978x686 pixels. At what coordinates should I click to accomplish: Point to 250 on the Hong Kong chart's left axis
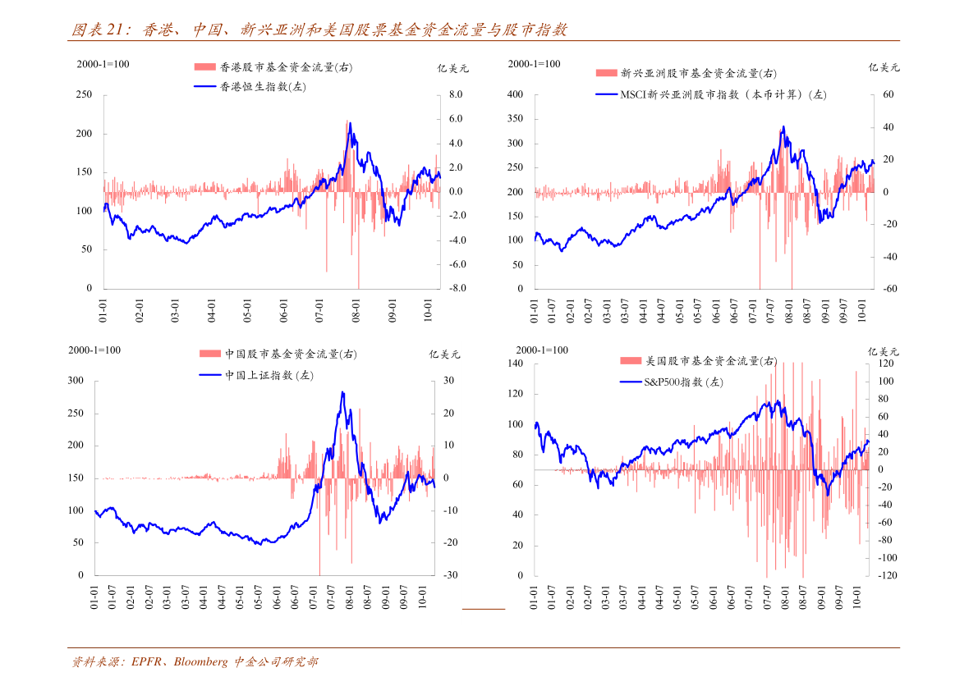(84, 95)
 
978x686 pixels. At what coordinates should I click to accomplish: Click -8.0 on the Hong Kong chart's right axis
(457, 289)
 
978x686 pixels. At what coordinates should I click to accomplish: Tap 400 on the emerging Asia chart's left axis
(515, 95)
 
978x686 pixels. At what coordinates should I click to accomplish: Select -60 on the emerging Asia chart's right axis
(888, 289)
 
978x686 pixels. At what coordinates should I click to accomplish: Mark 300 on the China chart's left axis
(76, 381)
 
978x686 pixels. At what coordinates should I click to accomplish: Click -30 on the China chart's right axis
(450, 575)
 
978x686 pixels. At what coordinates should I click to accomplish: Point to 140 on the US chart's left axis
(515, 364)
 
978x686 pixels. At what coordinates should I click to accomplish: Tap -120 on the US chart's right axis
(888, 575)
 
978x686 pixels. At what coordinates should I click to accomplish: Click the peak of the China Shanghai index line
(342, 392)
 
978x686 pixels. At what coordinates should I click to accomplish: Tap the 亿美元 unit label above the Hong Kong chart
(452, 69)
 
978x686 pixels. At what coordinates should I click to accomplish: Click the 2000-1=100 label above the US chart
(542, 350)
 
